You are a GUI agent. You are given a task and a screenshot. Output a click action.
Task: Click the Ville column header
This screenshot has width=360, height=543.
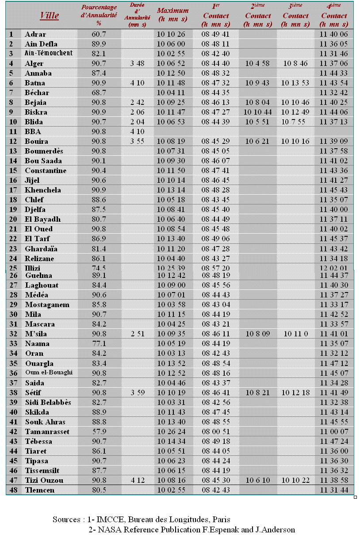click(49, 15)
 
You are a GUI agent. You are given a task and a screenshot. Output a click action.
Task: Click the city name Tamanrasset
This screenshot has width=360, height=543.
click(47, 431)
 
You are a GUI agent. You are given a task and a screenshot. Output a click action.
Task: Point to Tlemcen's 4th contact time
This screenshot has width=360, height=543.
click(334, 490)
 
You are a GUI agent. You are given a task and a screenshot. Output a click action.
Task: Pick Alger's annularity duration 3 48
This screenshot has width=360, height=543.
click(138, 63)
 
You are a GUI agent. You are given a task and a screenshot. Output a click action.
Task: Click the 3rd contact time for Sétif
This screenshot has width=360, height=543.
click(295, 393)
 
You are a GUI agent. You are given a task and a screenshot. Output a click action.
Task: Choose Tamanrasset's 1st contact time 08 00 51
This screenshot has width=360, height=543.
click(215, 431)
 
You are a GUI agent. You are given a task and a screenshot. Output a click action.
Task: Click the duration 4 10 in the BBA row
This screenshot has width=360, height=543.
click(138, 131)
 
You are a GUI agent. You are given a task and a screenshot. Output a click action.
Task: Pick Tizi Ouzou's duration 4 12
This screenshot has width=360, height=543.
click(138, 480)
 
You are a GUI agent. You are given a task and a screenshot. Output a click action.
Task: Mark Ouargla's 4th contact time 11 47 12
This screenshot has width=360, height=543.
click(334, 363)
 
